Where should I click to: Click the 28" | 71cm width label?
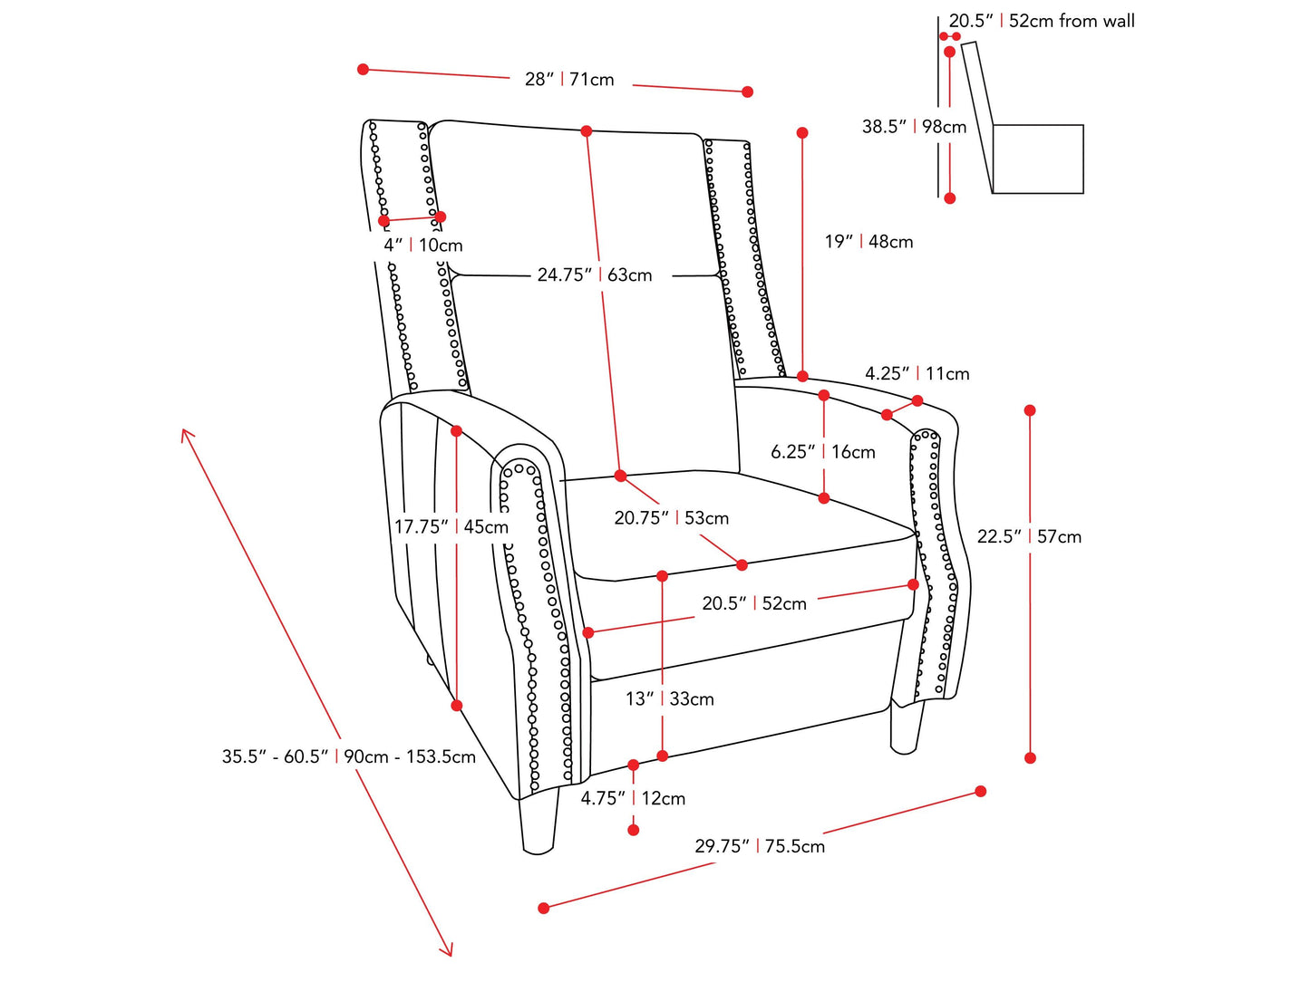coord(569,80)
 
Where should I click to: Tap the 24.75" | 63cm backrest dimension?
coord(594,274)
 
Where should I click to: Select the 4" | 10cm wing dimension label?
coord(422,246)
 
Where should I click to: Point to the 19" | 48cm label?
coord(868,242)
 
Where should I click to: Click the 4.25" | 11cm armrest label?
coord(917,373)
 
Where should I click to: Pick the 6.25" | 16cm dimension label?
coord(822,452)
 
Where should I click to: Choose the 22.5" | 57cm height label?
coord(1029,536)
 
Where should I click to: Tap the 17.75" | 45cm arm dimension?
coord(451,526)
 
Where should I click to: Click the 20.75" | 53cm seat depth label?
coord(671,518)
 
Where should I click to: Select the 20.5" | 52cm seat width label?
coord(754,603)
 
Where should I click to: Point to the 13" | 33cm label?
coord(669,698)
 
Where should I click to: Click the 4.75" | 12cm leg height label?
coord(633,798)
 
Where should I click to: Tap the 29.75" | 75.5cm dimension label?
coord(760,846)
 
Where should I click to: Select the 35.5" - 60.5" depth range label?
coord(348,756)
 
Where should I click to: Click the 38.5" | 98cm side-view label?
coord(914,127)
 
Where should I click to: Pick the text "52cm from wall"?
coord(1072,21)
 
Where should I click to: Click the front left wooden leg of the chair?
coord(539,823)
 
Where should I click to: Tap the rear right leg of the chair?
coord(906,729)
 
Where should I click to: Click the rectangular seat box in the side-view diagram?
coord(1038,159)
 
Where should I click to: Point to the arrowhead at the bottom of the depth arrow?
coord(447,950)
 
